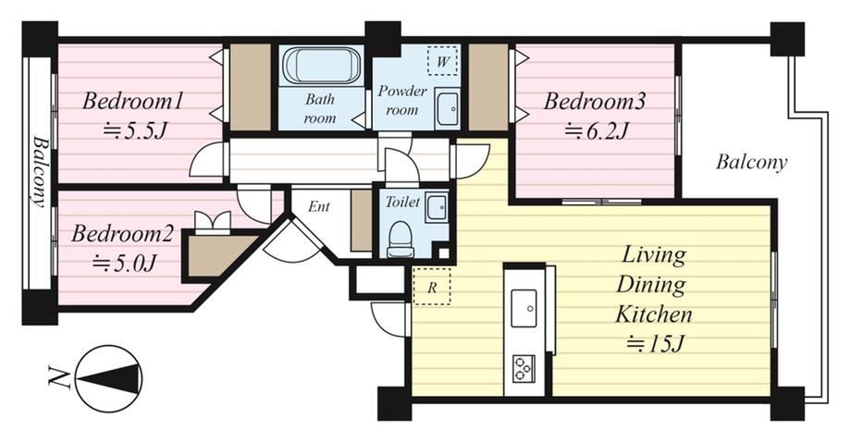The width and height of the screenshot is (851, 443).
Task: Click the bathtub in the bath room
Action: point(322,66)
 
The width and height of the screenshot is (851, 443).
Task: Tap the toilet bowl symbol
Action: point(401,239)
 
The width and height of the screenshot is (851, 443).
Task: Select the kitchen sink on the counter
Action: point(524,308)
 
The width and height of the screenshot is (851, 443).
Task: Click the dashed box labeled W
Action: point(442,61)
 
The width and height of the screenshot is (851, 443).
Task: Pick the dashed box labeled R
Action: point(431,286)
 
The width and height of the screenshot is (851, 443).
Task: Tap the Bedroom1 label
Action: point(132,102)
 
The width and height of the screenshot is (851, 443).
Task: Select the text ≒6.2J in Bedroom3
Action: point(596,130)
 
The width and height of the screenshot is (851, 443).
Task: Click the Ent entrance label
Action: point(318,206)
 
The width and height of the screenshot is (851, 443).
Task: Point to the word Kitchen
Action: point(653,314)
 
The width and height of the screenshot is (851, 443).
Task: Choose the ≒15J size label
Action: point(656,344)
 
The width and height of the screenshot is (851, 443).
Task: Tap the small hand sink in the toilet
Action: point(437,206)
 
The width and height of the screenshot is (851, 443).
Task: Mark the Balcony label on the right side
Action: point(751,162)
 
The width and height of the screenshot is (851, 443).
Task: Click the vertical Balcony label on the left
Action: point(39,171)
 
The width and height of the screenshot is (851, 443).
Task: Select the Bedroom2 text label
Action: point(122,234)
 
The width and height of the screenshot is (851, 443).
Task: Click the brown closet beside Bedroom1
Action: point(250,87)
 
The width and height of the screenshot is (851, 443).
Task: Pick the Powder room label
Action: point(402,100)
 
